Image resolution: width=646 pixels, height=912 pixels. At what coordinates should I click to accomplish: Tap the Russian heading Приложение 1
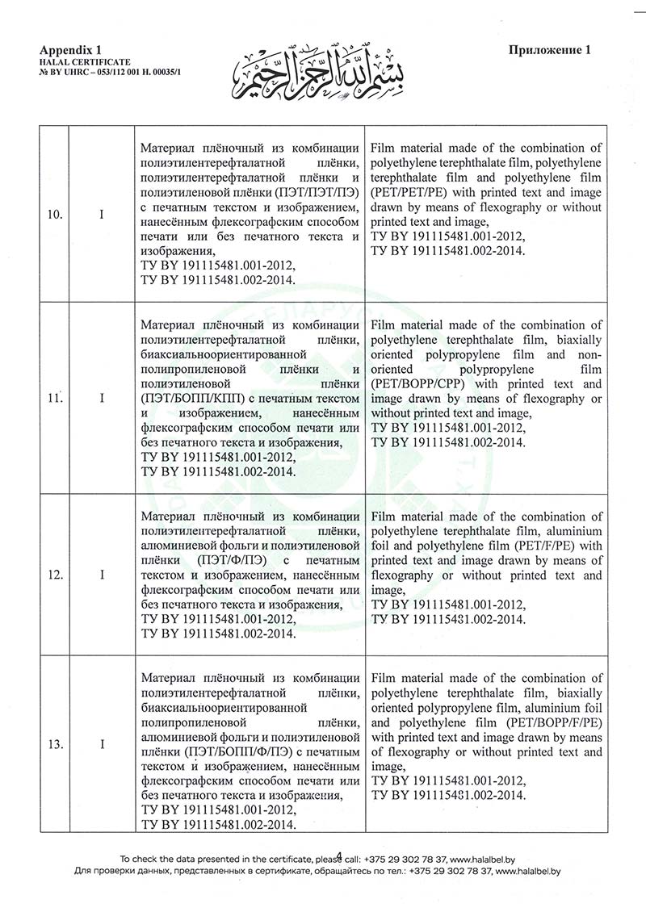[x=550, y=50]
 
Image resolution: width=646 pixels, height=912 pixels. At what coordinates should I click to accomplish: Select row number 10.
[x=56, y=215]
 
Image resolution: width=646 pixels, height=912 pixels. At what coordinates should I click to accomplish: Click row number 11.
[x=56, y=398]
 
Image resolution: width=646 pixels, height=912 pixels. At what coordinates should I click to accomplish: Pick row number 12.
[x=56, y=575]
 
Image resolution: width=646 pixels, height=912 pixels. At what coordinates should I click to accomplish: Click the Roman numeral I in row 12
[x=103, y=575]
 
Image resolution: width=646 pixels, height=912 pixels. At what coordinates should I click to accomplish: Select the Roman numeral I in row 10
[x=103, y=215]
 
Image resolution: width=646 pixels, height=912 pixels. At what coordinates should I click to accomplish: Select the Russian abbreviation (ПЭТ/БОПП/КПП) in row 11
[x=191, y=398]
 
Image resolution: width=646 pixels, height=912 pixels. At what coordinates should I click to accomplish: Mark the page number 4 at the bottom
[x=339, y=855]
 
